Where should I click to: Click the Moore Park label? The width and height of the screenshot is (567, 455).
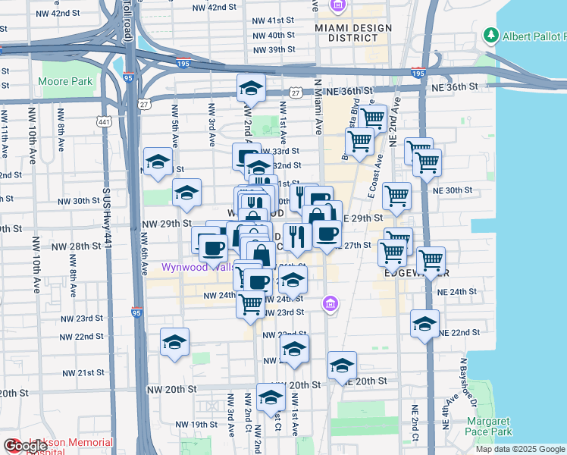pyautogui.click(x=65, y=81)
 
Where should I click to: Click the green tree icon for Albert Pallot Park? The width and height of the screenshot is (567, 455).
pyautogui.click(x=491, y=35)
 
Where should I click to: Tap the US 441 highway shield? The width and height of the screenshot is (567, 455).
pyautogui.click(x=104, y=121)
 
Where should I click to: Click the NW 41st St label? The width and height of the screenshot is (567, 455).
pyautogui.click(x=274, y=20)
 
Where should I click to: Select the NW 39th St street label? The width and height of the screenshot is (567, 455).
pyautogui.click(x=274, y=50)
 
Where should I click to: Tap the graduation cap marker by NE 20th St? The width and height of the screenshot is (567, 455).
pyautogui.click(x=342, y=366)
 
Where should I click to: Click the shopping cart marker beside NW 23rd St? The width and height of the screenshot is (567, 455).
pyautogui.click(x=250, y=304)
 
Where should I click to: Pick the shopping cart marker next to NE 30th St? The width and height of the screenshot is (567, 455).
pyautogui.click(x=396, y=196)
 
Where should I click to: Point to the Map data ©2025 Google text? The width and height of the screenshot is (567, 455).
pyautogui.click(x=519, y=449)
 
